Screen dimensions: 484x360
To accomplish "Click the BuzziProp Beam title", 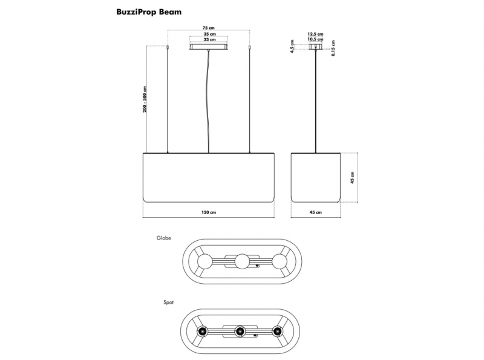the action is [149, 12].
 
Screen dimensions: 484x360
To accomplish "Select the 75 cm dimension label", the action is [209, 28].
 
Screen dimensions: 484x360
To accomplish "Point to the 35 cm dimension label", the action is [209, 34].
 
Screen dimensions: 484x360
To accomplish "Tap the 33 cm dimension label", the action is [209, 39].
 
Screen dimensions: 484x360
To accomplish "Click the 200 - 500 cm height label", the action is [145, 99].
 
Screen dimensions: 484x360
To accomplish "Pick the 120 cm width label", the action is [209, 212].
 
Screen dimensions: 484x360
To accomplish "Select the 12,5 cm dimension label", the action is [315, 34].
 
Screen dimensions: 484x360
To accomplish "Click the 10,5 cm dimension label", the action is [315, 39].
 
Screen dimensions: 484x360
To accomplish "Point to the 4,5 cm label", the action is [292, 47].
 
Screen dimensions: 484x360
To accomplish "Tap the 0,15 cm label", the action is [333, 48].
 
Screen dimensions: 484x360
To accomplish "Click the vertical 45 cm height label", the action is [353, 177].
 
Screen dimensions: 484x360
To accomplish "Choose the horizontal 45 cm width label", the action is [315, 212].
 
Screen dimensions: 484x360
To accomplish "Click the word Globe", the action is [163, 238].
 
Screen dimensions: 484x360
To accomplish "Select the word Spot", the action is [169, 303].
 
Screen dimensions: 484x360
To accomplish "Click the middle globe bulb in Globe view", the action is [242, 261].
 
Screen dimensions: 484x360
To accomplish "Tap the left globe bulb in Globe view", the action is [204, 261].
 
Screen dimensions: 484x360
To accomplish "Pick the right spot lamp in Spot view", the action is [277, 332].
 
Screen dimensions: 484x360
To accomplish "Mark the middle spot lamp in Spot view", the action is [240, 332].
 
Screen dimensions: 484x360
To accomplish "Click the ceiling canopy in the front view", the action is [209, 47].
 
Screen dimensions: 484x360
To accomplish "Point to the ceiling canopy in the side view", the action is [315, 47].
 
